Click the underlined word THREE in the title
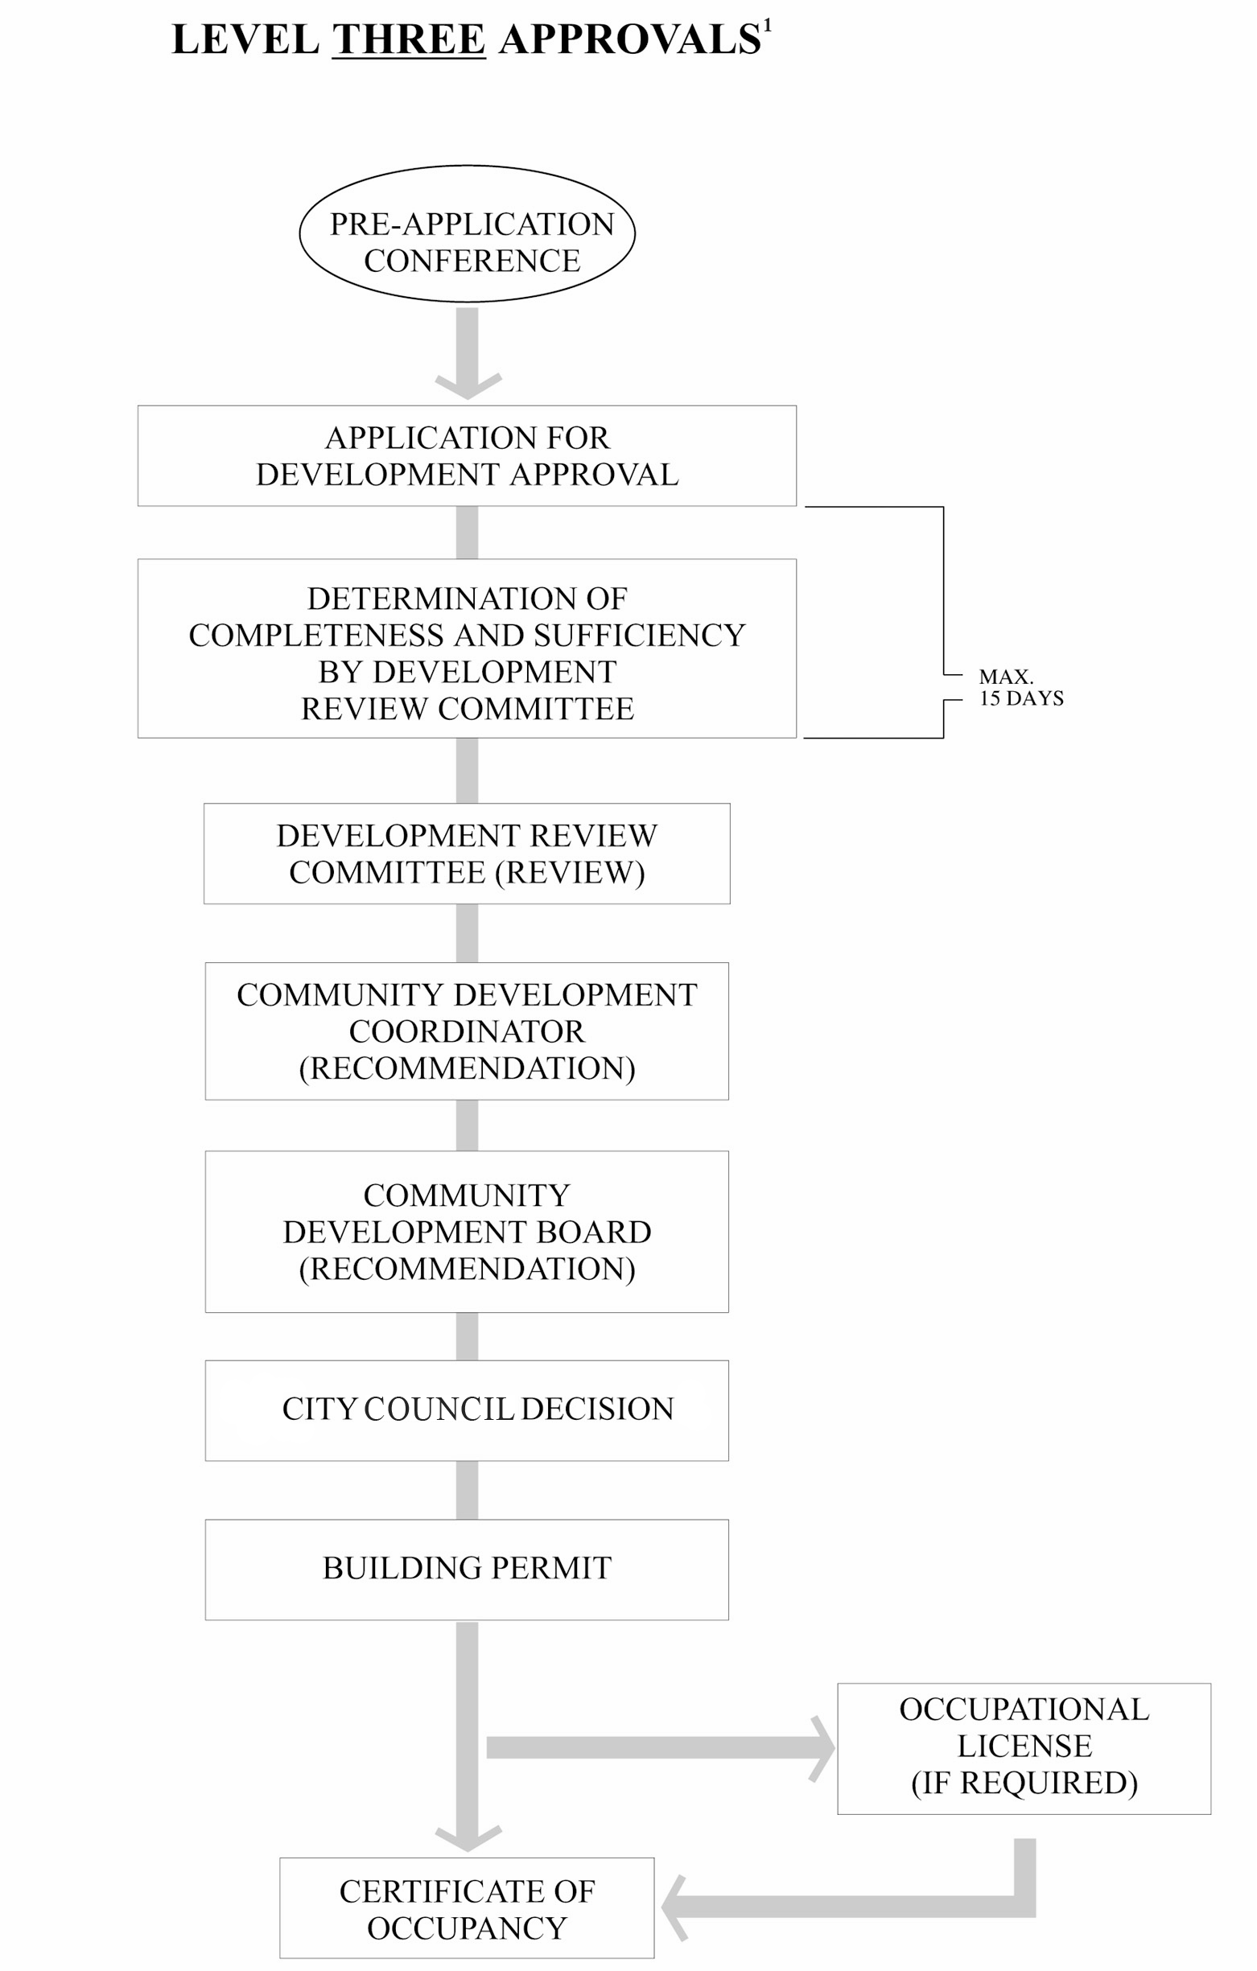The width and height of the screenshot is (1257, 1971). [x=409, y=40]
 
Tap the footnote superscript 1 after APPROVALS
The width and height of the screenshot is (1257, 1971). [x=767, y=27]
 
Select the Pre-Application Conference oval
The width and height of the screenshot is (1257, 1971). [x=467, y=233]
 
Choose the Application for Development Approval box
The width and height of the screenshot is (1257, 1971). [x=467, y=456]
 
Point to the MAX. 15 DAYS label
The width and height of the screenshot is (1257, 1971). [x=1020, y=688]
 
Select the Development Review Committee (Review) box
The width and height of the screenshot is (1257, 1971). [x=467, y=854]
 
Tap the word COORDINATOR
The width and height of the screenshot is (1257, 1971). [x=467, y=1031]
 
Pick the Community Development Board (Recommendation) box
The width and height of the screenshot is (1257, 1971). [x=467, y=1232]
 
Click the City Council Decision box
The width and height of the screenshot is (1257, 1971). [x=467, y=1409]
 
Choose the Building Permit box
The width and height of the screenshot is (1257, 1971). [x=467, y=1568]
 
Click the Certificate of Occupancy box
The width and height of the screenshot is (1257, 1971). [x=467, y=1909]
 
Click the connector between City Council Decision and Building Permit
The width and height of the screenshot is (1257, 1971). [x=467, y=1490]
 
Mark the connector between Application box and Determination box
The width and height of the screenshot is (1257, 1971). [x=467, y=533]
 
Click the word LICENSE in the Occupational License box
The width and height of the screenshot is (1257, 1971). [x=1024, y=1747]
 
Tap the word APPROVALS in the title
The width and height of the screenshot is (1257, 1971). [x=630, y=40]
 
